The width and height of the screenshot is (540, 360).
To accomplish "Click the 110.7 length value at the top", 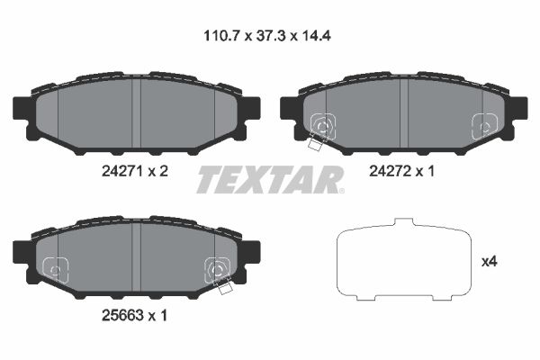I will tap(220, 38).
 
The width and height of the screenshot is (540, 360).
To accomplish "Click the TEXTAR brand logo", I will tap(269, 179).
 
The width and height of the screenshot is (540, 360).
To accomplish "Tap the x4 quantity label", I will tap(490, 262).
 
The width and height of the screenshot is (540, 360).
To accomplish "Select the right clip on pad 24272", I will tap(483, 127).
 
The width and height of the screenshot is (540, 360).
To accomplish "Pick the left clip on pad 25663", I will tap(56, 268).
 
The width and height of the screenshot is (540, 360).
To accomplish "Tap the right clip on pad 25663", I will tap(217, 269).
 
